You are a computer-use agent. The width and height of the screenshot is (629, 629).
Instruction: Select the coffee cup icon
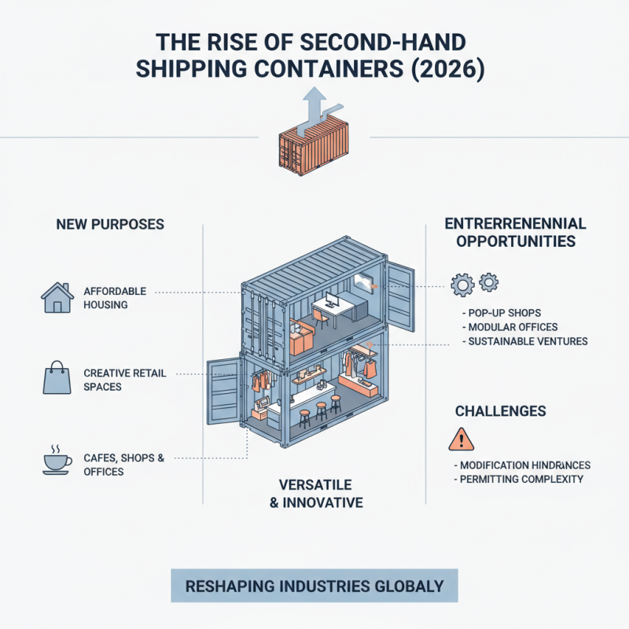click(x=55, y=461)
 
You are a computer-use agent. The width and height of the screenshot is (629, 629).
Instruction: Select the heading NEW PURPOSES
click(x=110, y=225)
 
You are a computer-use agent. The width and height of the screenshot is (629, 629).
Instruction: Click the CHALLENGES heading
click(x=501, y=411)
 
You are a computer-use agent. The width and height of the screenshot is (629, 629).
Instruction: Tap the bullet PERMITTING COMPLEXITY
click(x=521, y=479)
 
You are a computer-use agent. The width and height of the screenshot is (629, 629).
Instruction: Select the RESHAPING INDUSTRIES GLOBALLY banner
click(x=314, y=587)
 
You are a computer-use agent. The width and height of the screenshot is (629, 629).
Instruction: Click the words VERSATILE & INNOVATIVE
click(x=315, y=493)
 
